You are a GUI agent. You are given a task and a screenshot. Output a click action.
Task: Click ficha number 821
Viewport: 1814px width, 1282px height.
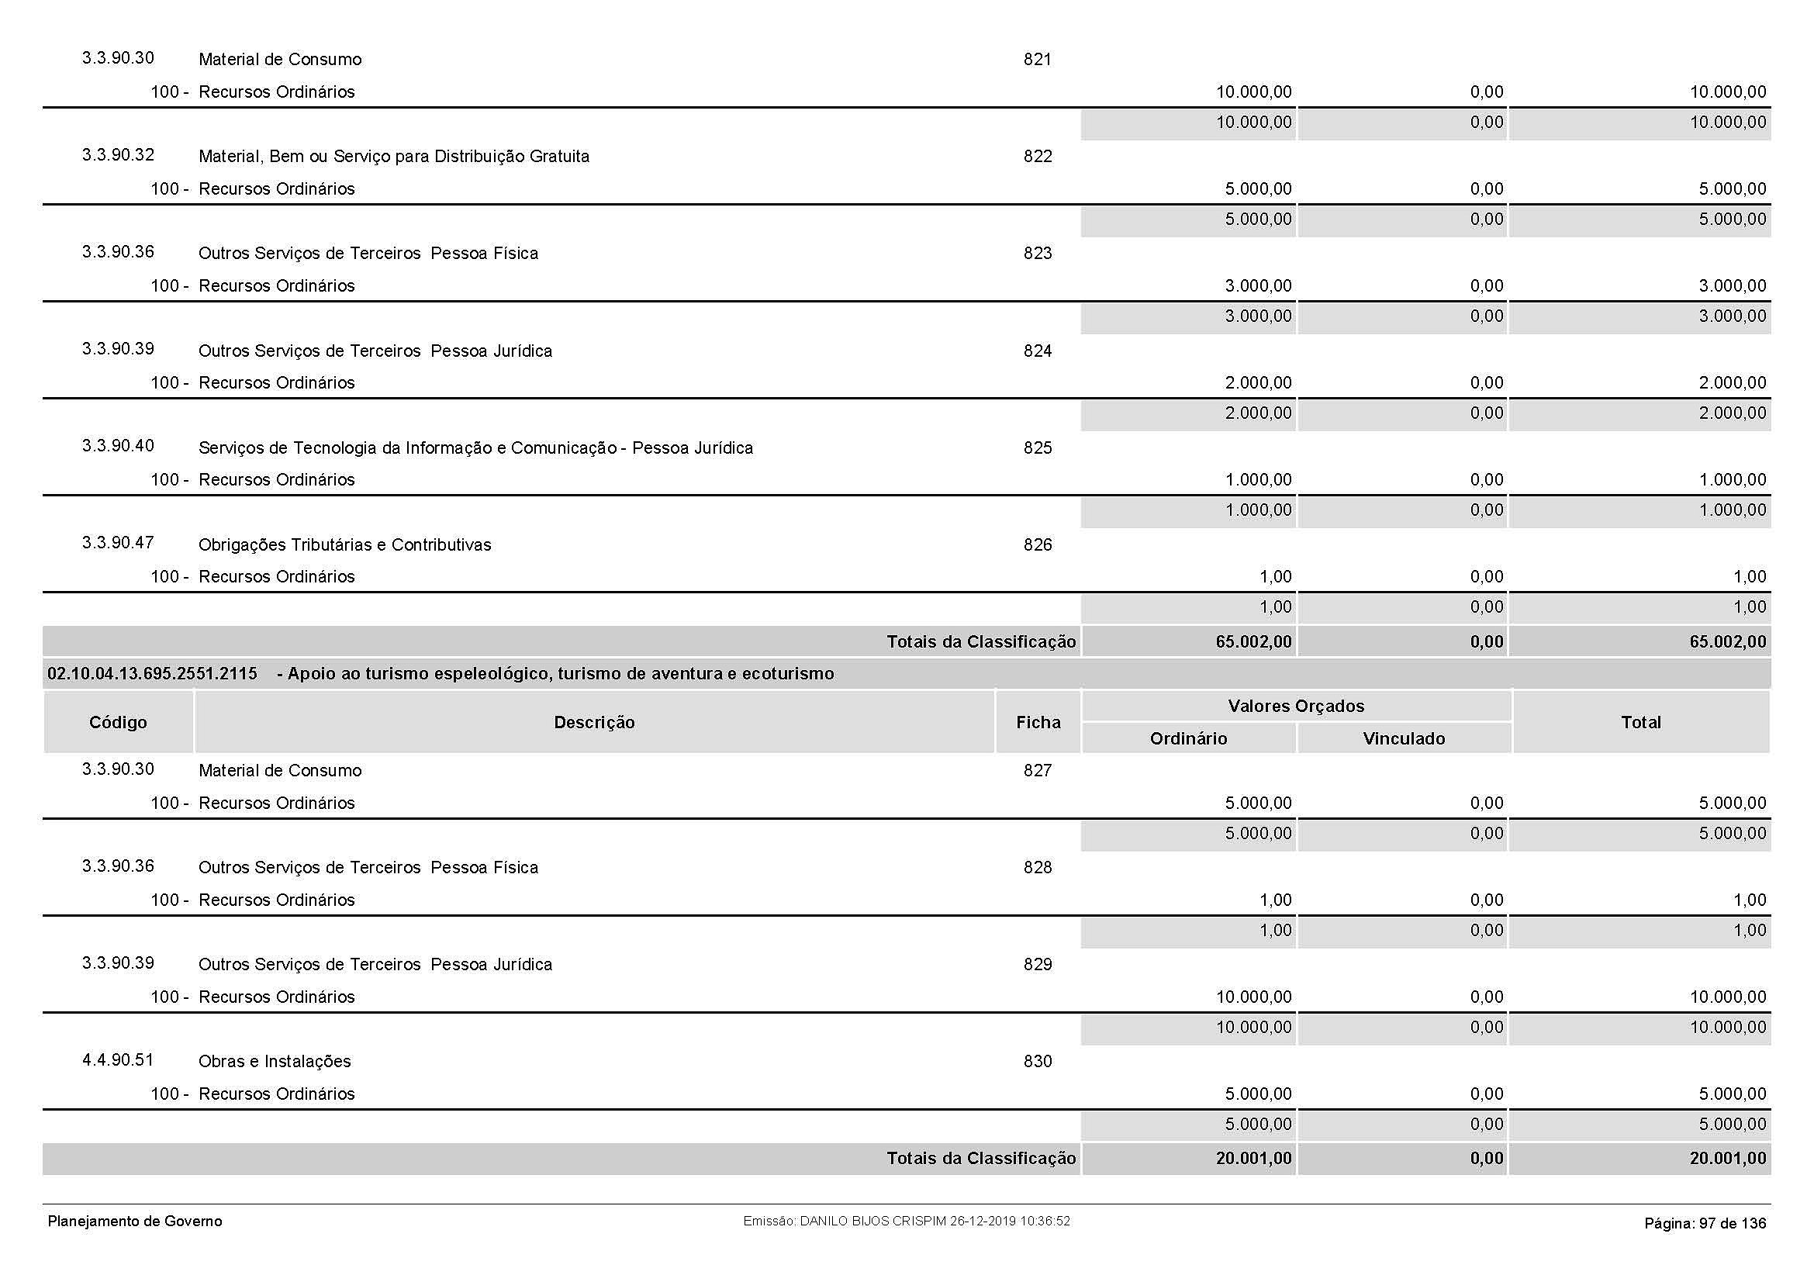(x=1038, y=59)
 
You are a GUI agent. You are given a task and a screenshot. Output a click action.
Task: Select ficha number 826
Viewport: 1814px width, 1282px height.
(x=1038, y=545)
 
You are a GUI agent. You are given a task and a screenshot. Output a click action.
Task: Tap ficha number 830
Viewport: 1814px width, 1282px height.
(x=1038, y=1062)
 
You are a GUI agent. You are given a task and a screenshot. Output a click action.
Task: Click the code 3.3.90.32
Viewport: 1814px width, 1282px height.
(x=118, y=155)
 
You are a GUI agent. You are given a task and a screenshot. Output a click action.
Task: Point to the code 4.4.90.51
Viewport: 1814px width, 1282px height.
(x=118, y=1060)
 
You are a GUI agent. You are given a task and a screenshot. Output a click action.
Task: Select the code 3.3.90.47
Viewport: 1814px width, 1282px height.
(x=118, y=543)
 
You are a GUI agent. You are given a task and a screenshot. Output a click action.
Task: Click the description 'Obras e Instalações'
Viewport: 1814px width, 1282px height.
(x=274, y=1062)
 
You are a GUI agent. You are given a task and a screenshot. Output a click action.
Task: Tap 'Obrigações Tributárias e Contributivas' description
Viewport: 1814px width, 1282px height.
(x=344, y=545)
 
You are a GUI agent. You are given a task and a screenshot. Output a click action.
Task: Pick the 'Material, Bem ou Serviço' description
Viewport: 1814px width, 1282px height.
(x=393, y=157)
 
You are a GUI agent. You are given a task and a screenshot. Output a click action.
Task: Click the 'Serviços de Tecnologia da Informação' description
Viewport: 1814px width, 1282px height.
(x=475, y=447)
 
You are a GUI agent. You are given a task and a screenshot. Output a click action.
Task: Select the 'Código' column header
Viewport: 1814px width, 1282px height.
(x=118, y=722)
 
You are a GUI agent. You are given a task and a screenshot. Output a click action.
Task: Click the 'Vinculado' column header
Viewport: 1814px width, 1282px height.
(x=1403, y=738)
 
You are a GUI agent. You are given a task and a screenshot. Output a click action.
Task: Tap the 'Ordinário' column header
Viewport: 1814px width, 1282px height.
(x=1188, y=738)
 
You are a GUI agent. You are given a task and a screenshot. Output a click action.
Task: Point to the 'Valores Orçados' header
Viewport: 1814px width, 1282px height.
(x=1296, y=707)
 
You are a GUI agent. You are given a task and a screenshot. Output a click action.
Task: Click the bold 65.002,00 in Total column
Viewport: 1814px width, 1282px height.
(x=1727, y=641)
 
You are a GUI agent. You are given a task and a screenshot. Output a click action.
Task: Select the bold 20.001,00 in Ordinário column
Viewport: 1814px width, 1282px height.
(x=1253, y=1158)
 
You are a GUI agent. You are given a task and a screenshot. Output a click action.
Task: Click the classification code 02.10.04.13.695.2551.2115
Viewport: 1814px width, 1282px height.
(x=153, y=674)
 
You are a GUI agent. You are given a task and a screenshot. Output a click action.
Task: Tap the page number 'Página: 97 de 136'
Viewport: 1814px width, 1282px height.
(x=1704, y=1224)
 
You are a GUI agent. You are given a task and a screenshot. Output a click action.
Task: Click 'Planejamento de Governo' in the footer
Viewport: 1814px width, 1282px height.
(x=135, y=1222)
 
